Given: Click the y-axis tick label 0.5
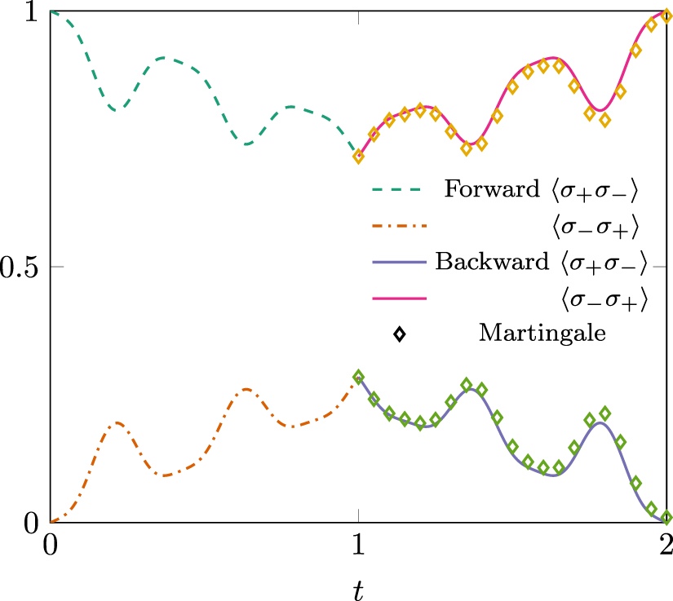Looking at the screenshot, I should (x=20, y=267).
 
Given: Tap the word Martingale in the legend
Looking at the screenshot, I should (x=542, y=334).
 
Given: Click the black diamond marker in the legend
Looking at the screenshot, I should (x=399, y=334).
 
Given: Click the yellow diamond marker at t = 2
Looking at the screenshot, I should (x=666, y=16).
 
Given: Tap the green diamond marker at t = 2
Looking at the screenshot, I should (x=666, y=517).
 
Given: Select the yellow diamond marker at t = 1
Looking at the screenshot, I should (x=358, y=157).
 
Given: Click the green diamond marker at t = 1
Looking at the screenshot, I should (x=358, y=377).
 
